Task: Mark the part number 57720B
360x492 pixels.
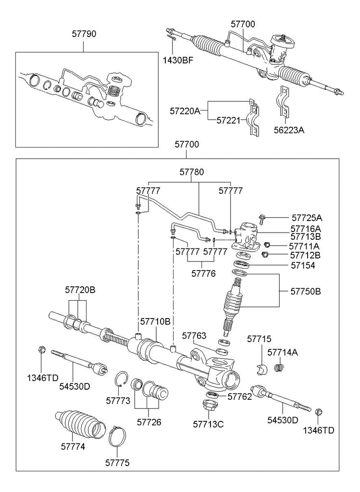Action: pyautogui.click(x=80, y=290)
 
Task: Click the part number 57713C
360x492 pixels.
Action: pyautogui.click(x=208, y=424)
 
